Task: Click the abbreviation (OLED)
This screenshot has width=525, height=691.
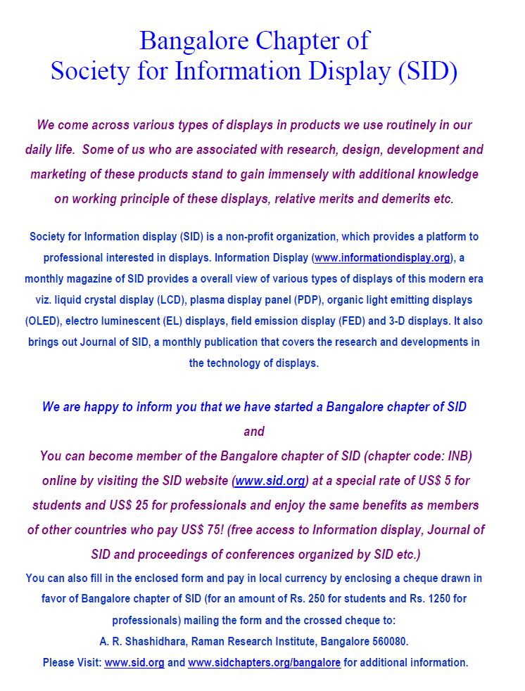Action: point(42,321)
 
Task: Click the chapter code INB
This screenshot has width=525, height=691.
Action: point(455,456)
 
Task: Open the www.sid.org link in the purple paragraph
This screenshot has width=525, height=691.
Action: point(270,481)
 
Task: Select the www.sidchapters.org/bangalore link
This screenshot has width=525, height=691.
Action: point(264,662)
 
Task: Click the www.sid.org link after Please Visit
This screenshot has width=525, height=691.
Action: point(134,662)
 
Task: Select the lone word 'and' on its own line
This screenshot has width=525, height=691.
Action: point(253,431)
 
